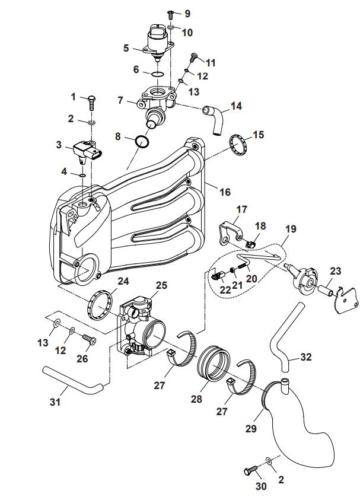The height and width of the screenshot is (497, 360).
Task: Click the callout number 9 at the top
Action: point(187,13)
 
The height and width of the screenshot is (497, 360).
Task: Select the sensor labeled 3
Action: point(88,152)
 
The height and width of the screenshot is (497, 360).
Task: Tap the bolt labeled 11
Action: point(193,58)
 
